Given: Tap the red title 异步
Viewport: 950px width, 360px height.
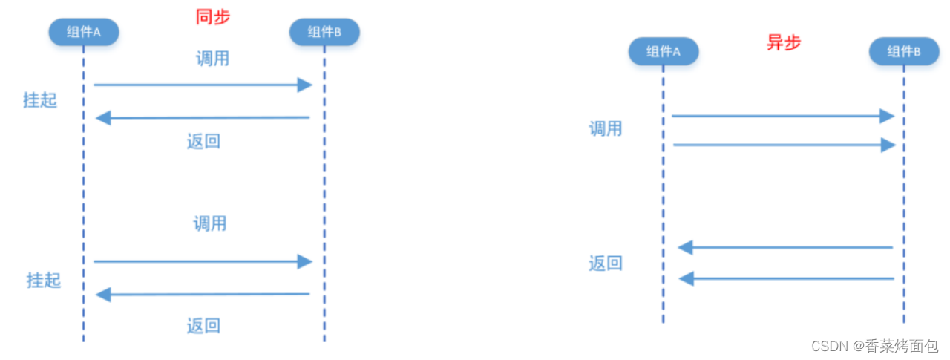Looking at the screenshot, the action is click(x=784, y=43).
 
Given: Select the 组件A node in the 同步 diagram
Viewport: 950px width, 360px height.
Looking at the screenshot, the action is click(x=85, y=31).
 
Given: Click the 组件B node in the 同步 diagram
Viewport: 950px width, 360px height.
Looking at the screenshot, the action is click(x=324, y=31).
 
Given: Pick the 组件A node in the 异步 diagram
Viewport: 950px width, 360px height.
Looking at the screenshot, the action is click(x=663, y=51).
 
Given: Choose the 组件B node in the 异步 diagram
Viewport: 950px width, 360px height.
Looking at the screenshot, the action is click(x=903, y=51).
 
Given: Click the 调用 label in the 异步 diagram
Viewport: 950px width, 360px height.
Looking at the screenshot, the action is click(x=606, y=129).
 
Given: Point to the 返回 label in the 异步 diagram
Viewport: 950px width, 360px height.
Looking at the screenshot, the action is click(x=606, y=264).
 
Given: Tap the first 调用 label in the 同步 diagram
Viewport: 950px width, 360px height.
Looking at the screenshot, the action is click(x=213, y=59).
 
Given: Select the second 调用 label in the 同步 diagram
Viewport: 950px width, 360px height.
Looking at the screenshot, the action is click(x=210, y=223).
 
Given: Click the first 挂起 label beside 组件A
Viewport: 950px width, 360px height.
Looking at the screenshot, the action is click(x=40, y=101).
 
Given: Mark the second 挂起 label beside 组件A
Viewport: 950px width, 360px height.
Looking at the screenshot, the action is click(x=44, y=281).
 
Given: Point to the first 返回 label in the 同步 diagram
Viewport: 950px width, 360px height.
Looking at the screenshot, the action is click(x=204, y=141).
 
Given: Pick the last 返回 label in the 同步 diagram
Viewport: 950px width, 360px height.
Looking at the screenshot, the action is click(x=204, y=325).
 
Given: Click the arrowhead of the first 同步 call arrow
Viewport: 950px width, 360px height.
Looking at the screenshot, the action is click(x=304, y=85).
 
